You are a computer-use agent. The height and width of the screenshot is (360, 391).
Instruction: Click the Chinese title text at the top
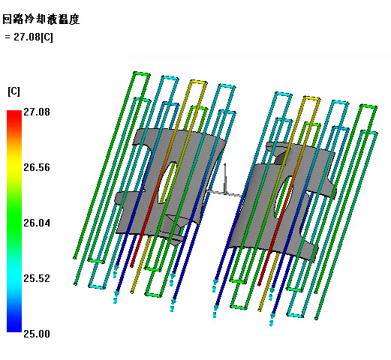41,19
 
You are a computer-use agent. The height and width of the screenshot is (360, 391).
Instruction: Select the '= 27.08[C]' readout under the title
29,37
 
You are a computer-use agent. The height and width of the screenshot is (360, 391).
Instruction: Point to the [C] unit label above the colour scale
14,91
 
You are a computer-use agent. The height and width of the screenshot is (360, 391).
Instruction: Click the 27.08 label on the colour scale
37,112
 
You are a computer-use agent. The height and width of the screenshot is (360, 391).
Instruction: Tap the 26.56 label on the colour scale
37,167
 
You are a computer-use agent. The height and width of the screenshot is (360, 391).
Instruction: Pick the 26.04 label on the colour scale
37,223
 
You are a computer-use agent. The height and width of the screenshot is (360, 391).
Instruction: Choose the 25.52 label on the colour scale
37,278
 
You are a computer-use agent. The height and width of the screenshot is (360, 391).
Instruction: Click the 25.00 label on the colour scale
37,334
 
